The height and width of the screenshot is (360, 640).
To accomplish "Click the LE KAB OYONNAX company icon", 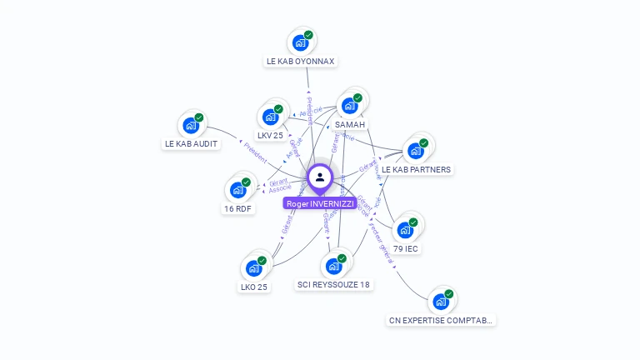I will click(x=300, y=42).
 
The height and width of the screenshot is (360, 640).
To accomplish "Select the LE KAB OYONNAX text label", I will click(x=301, y=62).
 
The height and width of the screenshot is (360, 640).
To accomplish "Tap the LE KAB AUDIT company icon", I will click(x=191, y=125).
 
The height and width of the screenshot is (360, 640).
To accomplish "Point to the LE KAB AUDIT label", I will click(x=192, y=144).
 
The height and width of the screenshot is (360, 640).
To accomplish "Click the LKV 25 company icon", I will click(x=271, y=117).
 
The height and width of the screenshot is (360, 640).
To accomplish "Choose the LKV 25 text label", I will click(x=271, y=136).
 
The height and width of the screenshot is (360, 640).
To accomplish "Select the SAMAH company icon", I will click(x=350, y=106).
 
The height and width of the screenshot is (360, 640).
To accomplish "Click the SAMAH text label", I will click(x=350, y=125).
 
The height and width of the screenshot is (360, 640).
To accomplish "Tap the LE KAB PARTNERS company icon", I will click(x=416, y=151).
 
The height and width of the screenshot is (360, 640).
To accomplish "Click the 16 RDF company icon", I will click(x=238, y=190).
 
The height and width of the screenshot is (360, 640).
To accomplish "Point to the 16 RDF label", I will click(x=238, y=209).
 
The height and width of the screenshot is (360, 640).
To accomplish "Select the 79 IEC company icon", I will click(x=406, y=229).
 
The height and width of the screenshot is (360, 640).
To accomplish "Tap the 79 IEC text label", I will click(x=406, y=248).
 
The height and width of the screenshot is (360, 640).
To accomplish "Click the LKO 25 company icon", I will click(x=254, y=268).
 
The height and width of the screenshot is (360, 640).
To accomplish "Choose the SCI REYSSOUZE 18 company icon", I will click(x=334, y=266).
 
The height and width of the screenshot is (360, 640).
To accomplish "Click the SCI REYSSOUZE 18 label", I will click(x=334, y=285).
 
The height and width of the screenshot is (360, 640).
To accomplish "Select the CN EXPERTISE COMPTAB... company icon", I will click(x=441, y=301).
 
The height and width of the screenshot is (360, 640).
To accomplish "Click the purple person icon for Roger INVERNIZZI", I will click(x=320, y=177).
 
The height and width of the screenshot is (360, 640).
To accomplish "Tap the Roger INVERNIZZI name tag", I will click(x=320, y=203).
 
